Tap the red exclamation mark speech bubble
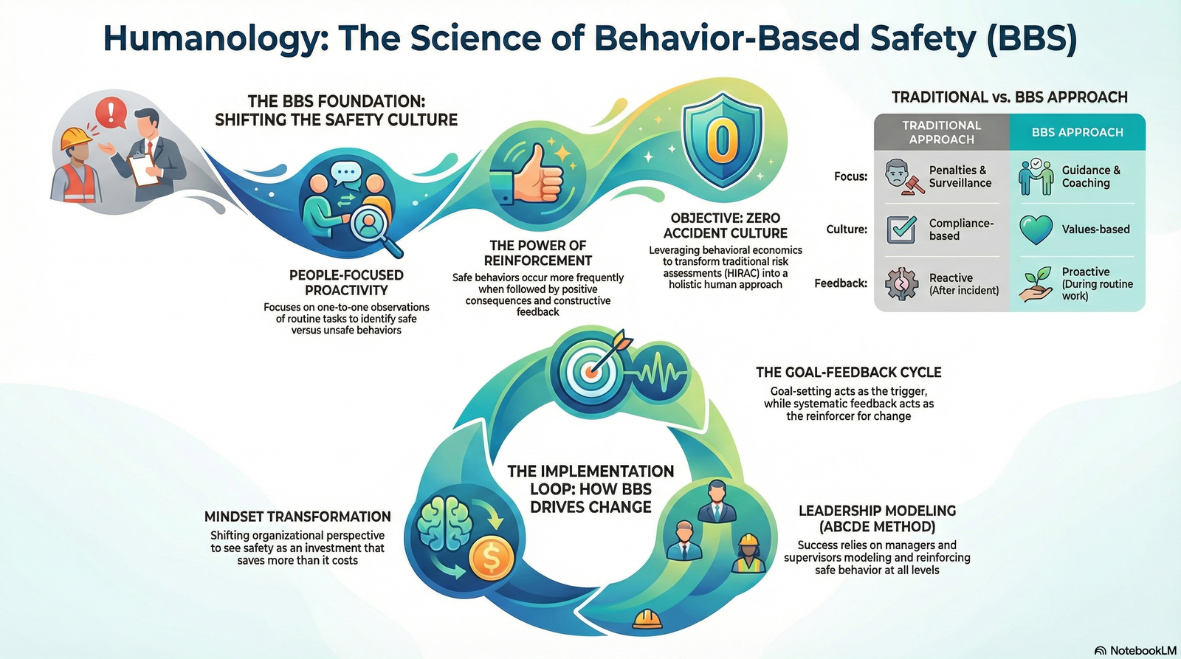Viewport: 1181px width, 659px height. click(111, 113)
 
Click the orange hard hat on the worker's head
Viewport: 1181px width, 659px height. click(75, 137)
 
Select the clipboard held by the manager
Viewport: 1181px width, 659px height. click(143, 170)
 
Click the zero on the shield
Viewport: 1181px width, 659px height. click(722, 139)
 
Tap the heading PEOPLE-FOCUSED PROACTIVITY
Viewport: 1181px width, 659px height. click(346, 283)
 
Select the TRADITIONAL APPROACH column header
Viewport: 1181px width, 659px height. click(941, 132)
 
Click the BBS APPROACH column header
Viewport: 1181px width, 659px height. click(1077, 132)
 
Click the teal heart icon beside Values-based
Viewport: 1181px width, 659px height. click(1036, 230)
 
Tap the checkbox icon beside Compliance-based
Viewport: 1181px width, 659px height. click(901, 230)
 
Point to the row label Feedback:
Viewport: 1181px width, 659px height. click(841, 283)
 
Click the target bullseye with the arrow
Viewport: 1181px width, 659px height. click(590, 369)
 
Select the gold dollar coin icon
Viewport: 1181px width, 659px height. click(492, 559)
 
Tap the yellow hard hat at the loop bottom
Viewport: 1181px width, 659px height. click(647, 618)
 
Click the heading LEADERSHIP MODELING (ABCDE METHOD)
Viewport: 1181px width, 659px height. click(877, 519)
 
